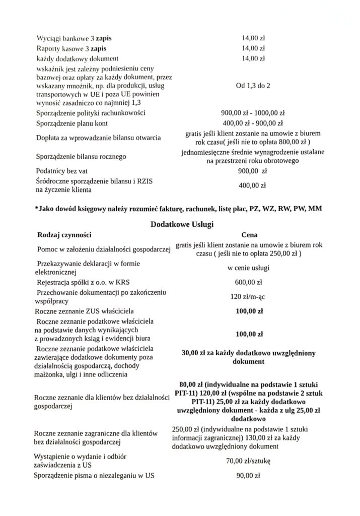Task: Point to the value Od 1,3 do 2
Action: [253, 86]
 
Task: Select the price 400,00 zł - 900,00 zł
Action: [253, 123]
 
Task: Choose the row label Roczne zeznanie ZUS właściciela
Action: [87, 311]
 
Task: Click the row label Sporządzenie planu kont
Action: [77, 123]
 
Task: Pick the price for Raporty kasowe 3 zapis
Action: [253, 49]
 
